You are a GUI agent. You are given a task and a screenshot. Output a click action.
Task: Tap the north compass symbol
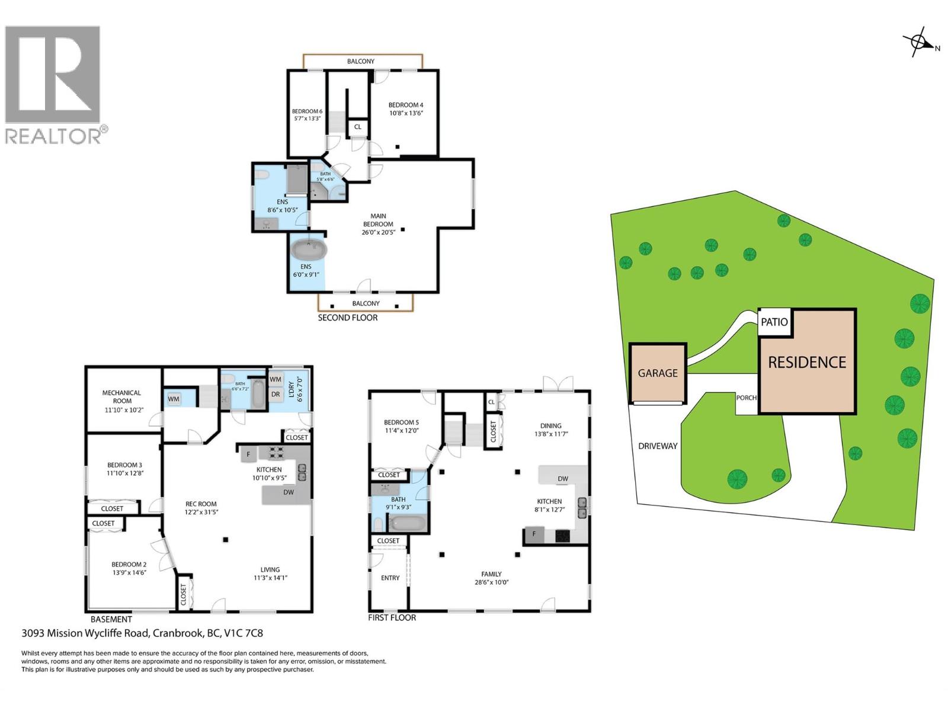tap(919, 43)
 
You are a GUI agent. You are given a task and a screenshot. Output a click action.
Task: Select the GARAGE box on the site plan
tap(658, 373)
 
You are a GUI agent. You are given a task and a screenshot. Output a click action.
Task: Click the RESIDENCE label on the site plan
tap(807, 362)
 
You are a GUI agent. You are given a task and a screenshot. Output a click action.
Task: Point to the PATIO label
tap(774, 322)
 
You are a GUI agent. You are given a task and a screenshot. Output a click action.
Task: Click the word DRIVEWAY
tap(658, 446)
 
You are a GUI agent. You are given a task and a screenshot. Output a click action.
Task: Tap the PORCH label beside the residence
tap(746, 398)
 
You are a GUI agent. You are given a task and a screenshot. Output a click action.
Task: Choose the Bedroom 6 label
tap(307, 111)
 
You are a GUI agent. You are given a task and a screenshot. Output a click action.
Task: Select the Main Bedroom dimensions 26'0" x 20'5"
tap(378, 232)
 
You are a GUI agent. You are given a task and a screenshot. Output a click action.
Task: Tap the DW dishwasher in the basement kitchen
tap(288, 492)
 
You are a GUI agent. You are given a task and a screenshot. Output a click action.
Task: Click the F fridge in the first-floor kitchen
tap(534, 534)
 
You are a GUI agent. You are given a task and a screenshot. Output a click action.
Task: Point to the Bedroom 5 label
tap(401, 422)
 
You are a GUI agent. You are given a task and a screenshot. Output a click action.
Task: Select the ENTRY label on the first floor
tap(390, 578)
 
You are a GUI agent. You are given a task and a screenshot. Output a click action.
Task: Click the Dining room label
tap(550, 425)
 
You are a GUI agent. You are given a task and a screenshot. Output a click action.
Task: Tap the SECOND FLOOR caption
tap(347, 318)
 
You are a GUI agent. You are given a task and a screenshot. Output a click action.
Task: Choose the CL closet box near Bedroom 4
tap(357, 127)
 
